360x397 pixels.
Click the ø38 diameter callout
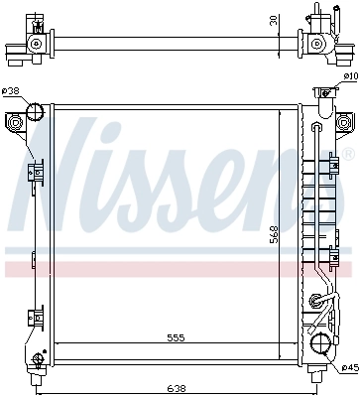[11, 92]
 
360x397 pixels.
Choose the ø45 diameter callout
[350, 368]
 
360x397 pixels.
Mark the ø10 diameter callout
[349, 76]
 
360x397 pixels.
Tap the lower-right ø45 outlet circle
[320, 344]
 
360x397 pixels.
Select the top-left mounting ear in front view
[16, 122]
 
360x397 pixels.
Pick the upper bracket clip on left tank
[37, 173]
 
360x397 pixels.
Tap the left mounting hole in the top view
[37, 45]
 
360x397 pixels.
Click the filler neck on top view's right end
[320, 16]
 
